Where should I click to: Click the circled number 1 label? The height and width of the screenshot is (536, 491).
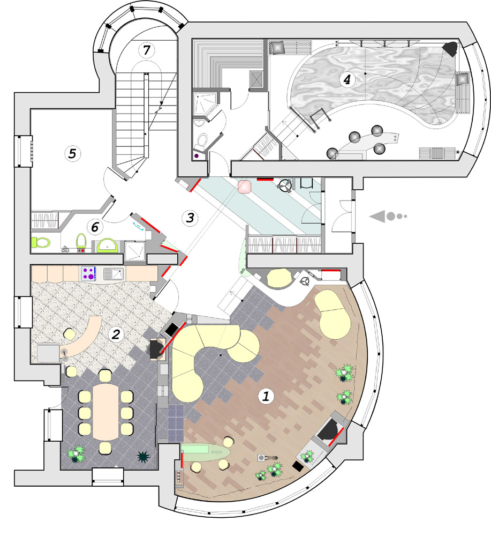(x=266, y=396)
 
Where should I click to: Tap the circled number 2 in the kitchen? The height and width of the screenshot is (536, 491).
(x=116, y=334)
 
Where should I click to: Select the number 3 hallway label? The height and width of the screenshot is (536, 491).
(x=190, y=218)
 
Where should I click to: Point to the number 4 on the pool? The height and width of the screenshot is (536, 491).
(x=347, y=80)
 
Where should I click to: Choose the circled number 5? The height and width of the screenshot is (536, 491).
(x=72, y=153)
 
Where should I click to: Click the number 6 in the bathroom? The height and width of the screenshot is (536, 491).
(x=95, y=227)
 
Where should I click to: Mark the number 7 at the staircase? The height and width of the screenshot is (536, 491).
(x=147, y=50)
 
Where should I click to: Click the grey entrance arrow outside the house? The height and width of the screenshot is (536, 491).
(x=388, y=216)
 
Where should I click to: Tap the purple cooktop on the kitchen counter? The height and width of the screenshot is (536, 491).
(x=88, y=274)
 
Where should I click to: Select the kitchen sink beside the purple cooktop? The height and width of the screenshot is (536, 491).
(x=114, y=274)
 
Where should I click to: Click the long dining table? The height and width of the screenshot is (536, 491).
(x=106, y=412)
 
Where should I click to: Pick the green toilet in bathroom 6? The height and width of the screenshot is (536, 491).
(x=41, y=242)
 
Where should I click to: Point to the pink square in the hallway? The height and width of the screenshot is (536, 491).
(x=245, y=187)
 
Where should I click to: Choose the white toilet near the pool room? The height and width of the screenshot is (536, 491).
(x=202, y=142)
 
